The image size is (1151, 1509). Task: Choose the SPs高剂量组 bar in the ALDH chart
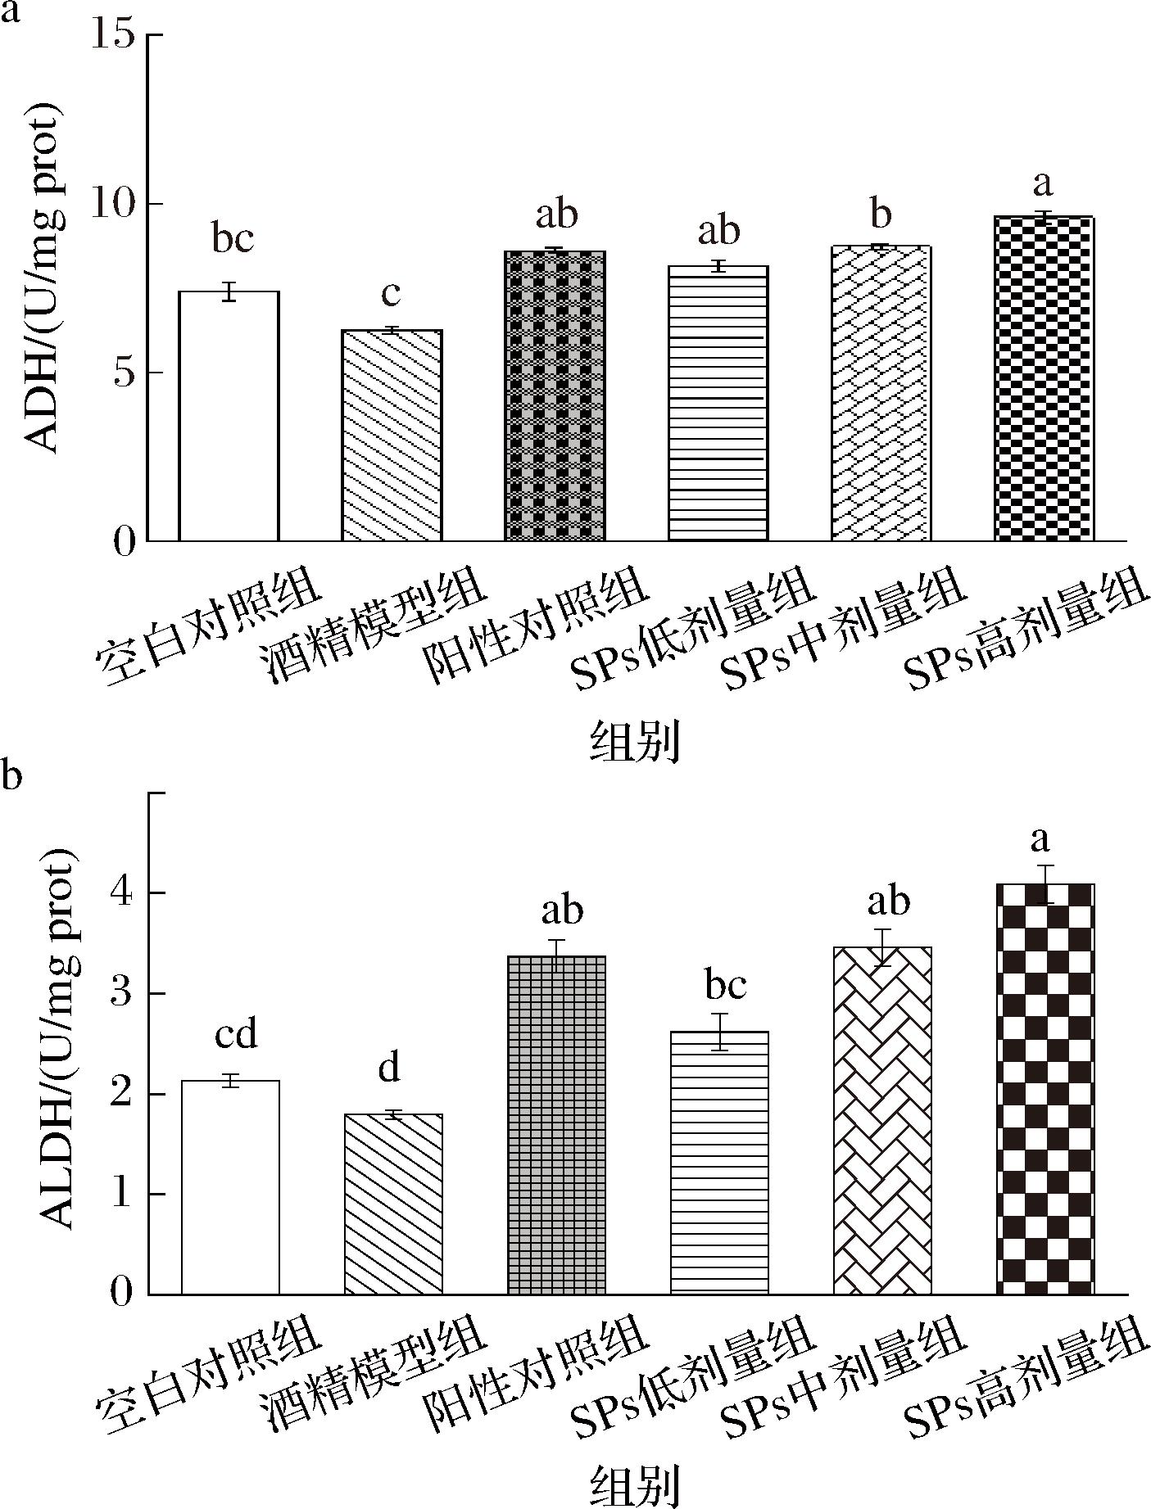coord(1045,1089)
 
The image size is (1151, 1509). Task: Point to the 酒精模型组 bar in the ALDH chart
coord(393,1204)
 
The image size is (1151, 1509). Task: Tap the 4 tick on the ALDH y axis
coord(123,893)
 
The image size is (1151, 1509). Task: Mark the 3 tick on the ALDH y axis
coord(123,994)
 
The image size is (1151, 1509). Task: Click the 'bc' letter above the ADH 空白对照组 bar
coord(233,239)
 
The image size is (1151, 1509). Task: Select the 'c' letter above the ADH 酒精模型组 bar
coord(391,293)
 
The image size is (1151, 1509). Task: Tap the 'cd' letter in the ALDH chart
coord(236,1034)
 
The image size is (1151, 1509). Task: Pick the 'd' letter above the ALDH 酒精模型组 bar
coord(390,1068)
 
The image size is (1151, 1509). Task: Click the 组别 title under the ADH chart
coord(635,742)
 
